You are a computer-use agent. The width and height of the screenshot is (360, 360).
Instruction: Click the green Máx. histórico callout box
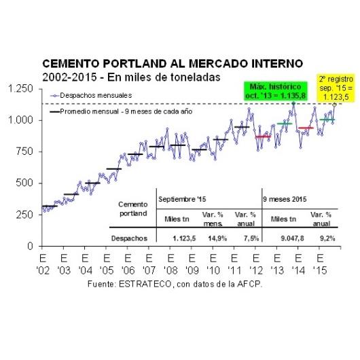[276, 91]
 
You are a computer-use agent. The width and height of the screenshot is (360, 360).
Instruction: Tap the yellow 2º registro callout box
[336, 88]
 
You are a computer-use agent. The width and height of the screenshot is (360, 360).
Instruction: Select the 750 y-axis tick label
[25, 151]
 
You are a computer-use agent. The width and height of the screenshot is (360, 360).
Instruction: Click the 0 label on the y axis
[31, 246]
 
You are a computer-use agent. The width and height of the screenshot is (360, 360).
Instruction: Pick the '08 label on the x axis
[170, 270]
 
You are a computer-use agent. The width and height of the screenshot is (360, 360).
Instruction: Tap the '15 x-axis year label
[320, 270]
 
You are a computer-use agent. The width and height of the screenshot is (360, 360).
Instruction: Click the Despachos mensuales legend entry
[91, 95]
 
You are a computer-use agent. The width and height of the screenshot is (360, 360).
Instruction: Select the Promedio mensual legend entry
[121, 111]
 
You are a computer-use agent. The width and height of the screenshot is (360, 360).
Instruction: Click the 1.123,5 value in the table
[184, 238]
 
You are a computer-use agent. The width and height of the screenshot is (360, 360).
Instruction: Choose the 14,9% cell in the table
[217, 238]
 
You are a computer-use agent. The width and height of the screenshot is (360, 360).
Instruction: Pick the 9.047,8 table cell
[292, 238]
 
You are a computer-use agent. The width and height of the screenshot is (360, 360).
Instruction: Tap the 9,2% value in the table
[327, 238]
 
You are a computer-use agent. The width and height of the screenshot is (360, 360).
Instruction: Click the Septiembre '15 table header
[182, 199]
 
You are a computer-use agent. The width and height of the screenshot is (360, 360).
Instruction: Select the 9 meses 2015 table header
[285, 199]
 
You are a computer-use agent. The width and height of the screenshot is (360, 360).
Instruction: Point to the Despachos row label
[129, 238]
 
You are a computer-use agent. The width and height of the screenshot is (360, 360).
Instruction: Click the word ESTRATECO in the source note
[145, 284]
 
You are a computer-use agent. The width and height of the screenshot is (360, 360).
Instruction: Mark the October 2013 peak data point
[293, 103]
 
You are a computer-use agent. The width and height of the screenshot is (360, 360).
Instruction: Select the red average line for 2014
[306, 128]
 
